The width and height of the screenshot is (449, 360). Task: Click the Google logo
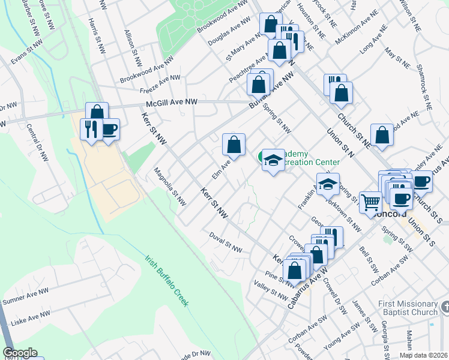20,353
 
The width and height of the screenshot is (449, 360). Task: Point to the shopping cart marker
370,202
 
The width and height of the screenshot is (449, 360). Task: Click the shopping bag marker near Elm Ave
234,145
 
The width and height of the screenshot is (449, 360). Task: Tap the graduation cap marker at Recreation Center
273,160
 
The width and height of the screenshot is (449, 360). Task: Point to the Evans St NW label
27,50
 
